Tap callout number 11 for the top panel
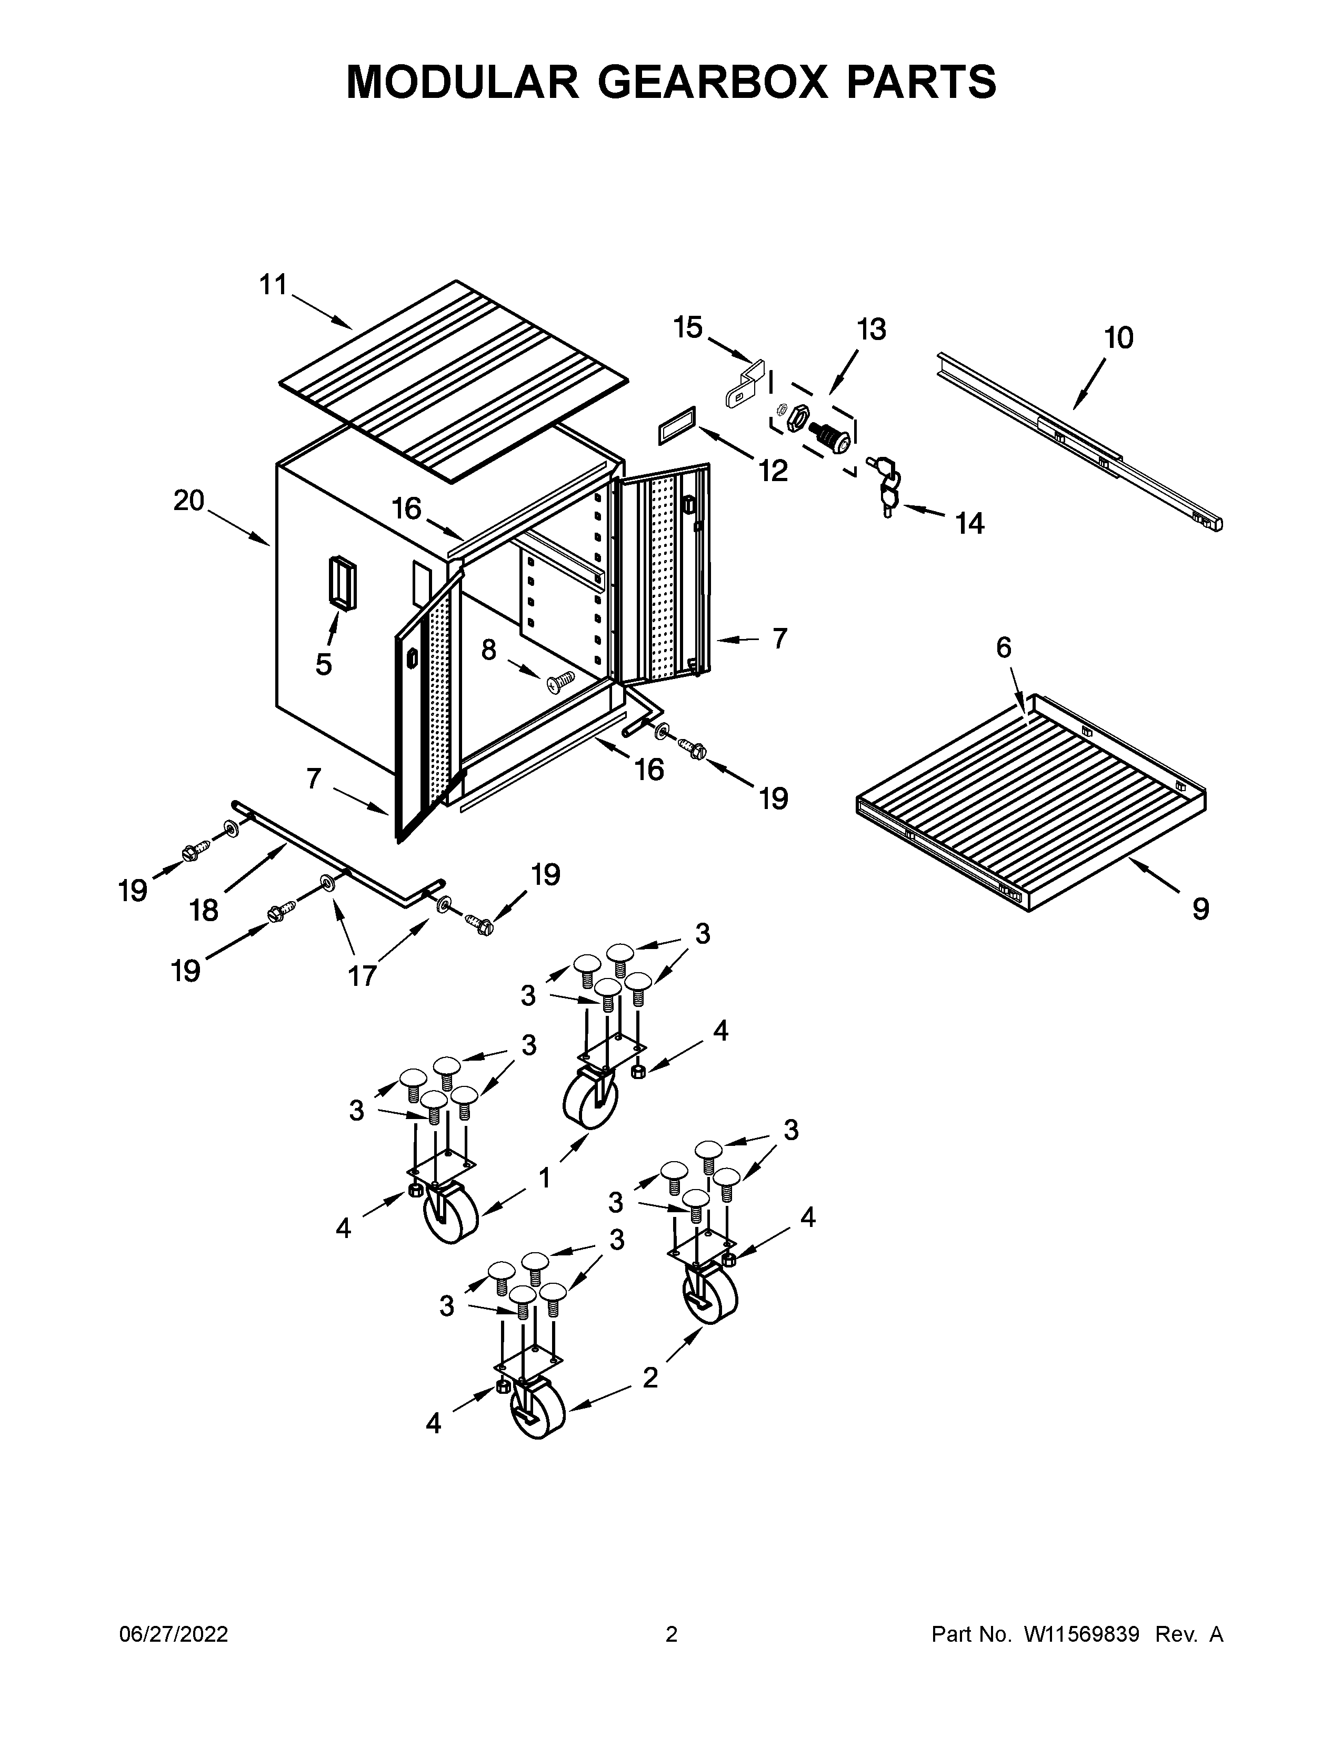pyautogui.click(x=274, y=285)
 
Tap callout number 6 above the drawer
pyautogui.click(x=1004, y=648)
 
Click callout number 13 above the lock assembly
pyautogui.click(x=872, y=328)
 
